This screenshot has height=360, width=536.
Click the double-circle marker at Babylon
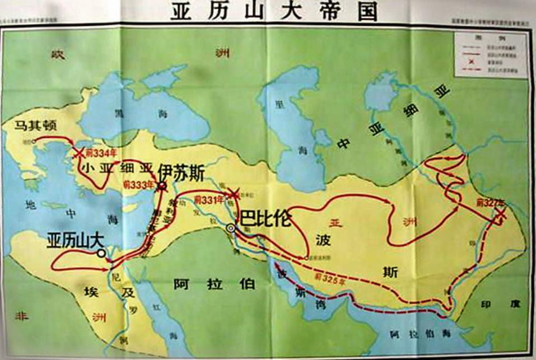pyautogui.click(x=231, y=228)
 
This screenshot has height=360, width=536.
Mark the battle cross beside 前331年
pyautogui.click(x=232, y=193)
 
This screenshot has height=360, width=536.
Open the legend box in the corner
pyautogui.click(x=490, y=54)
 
